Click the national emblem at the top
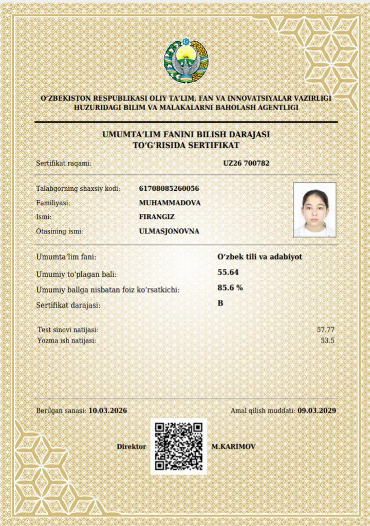click(x=186, y=61)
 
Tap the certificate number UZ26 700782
click(x=246, y=163)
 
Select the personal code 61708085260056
click(x=169, y=188)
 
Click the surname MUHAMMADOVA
click(x=170, y=203)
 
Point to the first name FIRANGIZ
click(x=157, y=217)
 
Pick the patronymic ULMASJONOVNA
click(x=169, y=231)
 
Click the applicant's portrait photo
click(x=314, y=209)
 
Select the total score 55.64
click(x=228, y=272)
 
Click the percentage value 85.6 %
click(x=230, y=287)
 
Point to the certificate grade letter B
click(x=220, y=303)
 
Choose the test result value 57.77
click(x=326, y=329)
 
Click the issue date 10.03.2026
click(x=108, y=410)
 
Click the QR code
click(x=179, y=446)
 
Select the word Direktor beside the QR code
click(x=132, y=447)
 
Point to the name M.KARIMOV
click(x=233, y=447)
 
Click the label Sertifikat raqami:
click(x=64, y=163)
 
